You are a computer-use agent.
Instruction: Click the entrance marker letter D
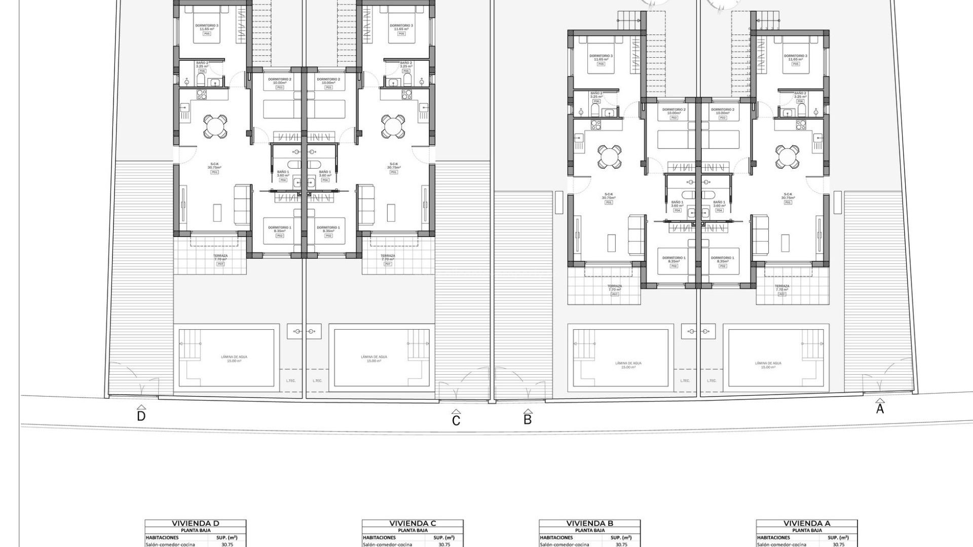tap(141, 416)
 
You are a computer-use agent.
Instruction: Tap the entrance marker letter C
tap(456, 420)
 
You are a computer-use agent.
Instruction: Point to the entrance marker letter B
tap(528, 419)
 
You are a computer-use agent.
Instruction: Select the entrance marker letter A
tap(880, 409)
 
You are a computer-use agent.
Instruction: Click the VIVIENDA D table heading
tap(195, 523)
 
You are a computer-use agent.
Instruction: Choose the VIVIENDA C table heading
tap(413, 523)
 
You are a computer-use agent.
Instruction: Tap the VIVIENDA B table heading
tap(589, 523)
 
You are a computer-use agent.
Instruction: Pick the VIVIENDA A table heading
tap(807, 523)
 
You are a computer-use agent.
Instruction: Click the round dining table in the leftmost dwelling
tap(215, 126)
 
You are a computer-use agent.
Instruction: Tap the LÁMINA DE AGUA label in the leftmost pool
tap(234, 357)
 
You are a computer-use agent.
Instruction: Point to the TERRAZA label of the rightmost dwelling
tap(781, 286)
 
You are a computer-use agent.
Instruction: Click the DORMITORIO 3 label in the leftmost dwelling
tap(207, 26)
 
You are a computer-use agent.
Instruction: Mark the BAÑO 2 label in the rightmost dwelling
tap(800, 93)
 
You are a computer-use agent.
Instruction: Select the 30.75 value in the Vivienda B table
tap(621, 544)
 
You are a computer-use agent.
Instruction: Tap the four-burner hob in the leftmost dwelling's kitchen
tap(202, 94)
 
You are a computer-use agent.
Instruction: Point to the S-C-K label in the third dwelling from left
tap(609, 194)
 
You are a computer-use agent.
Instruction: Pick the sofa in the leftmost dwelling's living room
tap(242, 205)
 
